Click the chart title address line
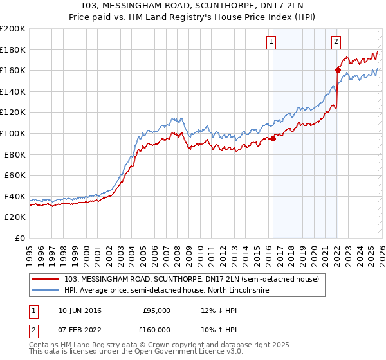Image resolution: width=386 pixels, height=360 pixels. tap(193, 6)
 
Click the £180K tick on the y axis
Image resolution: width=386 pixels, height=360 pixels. tap(14, 50)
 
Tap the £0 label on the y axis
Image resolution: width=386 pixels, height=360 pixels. tap(21, 238)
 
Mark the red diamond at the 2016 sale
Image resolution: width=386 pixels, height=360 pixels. tap(273, 138)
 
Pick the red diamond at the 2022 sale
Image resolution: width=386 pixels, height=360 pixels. tap(337, 70)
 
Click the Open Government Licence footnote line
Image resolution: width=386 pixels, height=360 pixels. tap(136, 352)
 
